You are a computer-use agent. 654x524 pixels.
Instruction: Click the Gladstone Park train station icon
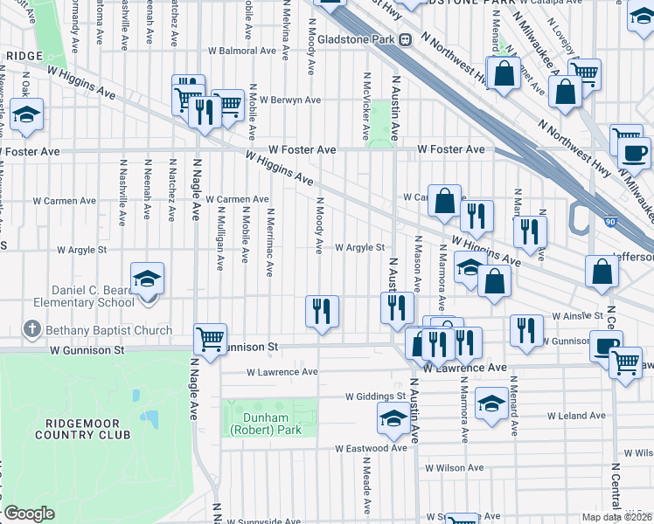click(406, 39)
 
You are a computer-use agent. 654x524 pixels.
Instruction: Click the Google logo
click(29, 514)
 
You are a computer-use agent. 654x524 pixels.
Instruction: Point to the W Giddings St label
click(377, 396)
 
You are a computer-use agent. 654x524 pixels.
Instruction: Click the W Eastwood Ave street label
click(372, 448)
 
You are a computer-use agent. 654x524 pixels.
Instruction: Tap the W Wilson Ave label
click(454, 468)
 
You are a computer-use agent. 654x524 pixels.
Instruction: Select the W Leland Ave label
click(575, 415)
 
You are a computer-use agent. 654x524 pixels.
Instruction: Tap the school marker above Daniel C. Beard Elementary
click(147, 279)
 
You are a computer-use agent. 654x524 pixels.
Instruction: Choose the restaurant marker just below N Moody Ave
click(322, 311)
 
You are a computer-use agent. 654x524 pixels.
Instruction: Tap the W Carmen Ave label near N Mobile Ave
click(237, 199)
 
